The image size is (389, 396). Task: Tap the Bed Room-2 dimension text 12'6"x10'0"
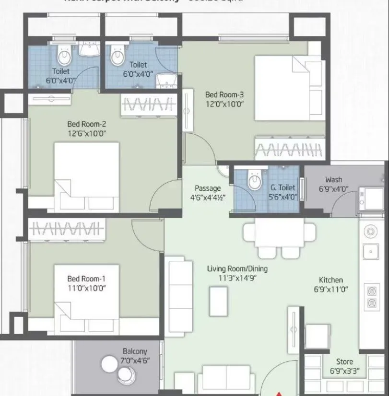86,134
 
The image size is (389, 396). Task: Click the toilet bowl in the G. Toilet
254,182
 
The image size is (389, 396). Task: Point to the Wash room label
333,179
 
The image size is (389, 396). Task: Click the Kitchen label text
331,280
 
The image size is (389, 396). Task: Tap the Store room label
344,361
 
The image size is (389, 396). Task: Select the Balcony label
134,351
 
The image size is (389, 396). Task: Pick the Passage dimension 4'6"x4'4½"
207,197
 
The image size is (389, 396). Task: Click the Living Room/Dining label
237,268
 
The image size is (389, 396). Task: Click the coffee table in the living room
219,301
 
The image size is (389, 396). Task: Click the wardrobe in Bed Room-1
66,227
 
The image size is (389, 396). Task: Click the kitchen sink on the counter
370,250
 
